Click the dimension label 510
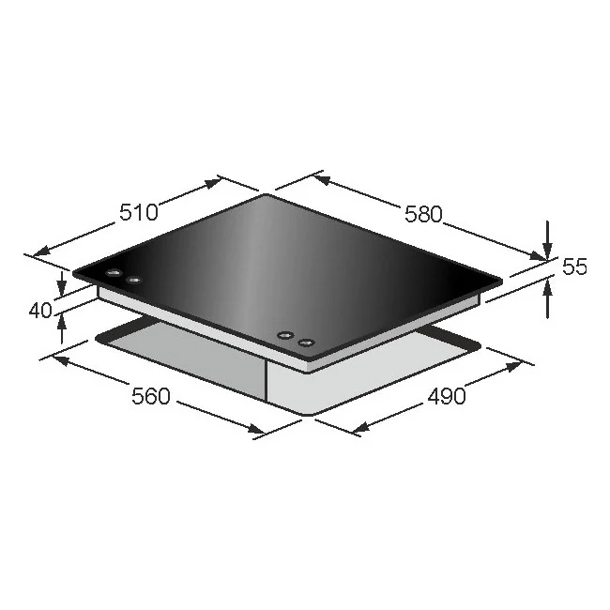138,212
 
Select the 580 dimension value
422,214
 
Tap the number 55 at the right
574,267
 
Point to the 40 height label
40,310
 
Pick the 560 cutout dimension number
150,396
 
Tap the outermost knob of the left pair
114,274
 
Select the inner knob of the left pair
134,280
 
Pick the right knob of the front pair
305,342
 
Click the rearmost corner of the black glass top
268,194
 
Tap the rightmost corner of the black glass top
502,279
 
